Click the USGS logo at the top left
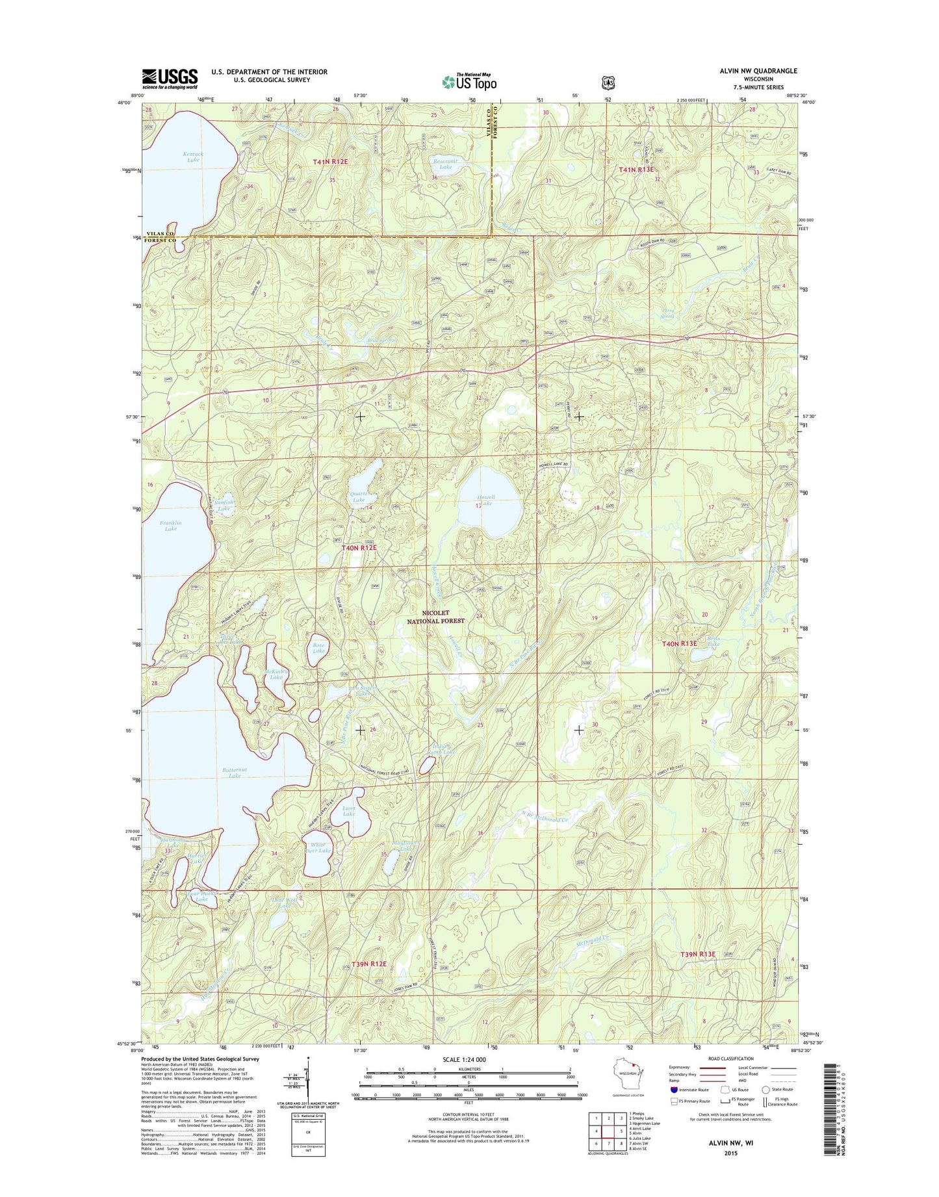(170, 79)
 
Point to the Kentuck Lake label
(193, 157)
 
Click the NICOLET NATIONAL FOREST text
(435, 617)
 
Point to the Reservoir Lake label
(446, 164)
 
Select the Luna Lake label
(349, 811)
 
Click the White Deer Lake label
(316, 847)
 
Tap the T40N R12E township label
(359, 548)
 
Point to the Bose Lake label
(318, 647)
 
